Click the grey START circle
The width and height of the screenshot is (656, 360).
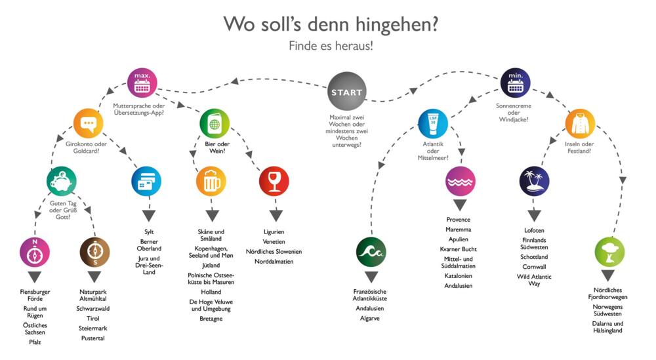coord(347,91)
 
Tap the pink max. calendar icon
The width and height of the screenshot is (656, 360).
coord(142,83)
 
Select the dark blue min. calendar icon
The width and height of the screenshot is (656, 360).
coord(516,83)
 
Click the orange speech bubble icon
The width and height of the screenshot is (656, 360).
coord(89,123)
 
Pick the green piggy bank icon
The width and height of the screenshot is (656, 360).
coord(62,181)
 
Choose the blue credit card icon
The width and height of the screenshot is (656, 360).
coord(146,181)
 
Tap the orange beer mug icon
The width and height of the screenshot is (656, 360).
coord(211,181)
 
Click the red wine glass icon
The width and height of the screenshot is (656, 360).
coord(274,181)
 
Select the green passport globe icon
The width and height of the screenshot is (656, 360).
coord(215,123)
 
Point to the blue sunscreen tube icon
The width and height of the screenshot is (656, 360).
coord(433,123)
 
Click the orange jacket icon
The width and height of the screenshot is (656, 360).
coord(581,123)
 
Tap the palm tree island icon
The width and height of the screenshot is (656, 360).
coord(534,181)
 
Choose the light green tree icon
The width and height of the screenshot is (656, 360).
coord(609,252)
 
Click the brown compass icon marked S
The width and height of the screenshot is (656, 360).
coord(94,252)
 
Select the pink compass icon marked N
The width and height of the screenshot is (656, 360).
coord(35,252)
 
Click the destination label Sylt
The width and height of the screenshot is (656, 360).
coord(149,232)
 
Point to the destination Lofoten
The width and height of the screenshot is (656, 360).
coord(534,230)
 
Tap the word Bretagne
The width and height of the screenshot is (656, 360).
coord(211,319)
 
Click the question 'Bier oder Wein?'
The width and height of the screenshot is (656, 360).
coord(217,148)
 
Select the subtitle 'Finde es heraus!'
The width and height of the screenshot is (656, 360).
coord(331,46)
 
